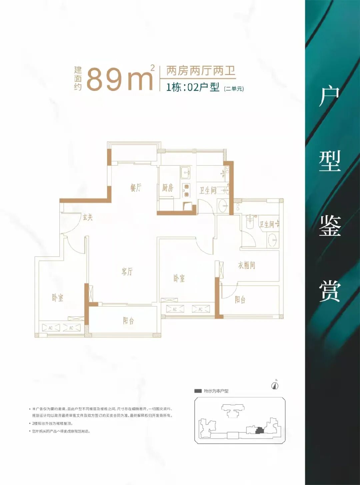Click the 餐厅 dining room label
[x=136, y=188]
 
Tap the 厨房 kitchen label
[x=168, y=188]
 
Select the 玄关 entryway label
[x=88, y=217]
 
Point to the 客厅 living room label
[x=127, y=271]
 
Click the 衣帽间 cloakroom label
[x=247, y=265]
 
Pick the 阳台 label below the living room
[x=128, y=320]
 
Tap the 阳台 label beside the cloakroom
[x=240, y=299]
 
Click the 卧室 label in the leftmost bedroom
[x=57, y=297]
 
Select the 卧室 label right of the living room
[x=179, y=278]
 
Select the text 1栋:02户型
[x=193, y=87]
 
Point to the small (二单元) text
[x=234, y=89]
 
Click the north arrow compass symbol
[x=275, y=385]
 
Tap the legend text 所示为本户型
[x=216, y=391]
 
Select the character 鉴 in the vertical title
[x=330, y=226]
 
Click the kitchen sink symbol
[x=185, y=173]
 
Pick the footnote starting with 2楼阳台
[x=52, y=423]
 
